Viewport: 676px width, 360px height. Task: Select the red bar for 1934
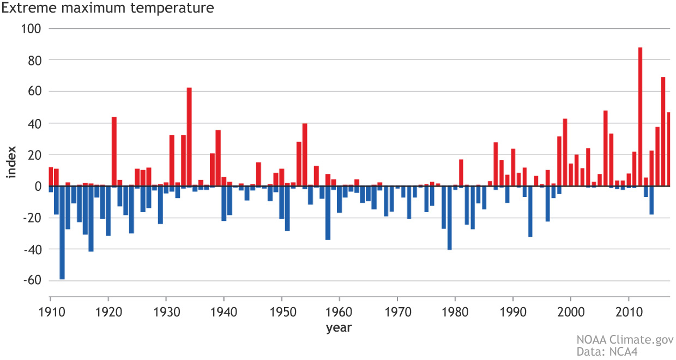[x=189, y=137]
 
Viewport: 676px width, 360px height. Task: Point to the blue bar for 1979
[x=449, y=218]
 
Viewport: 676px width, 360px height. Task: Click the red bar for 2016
[x=663, y=131]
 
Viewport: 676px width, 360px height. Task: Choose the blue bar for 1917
[x=91, y=219]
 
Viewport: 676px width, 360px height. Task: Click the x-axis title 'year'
[x=339, y=328]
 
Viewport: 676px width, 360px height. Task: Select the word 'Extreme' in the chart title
[x=25, y=8]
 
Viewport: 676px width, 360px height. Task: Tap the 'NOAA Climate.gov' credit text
[x=625, y=340]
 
